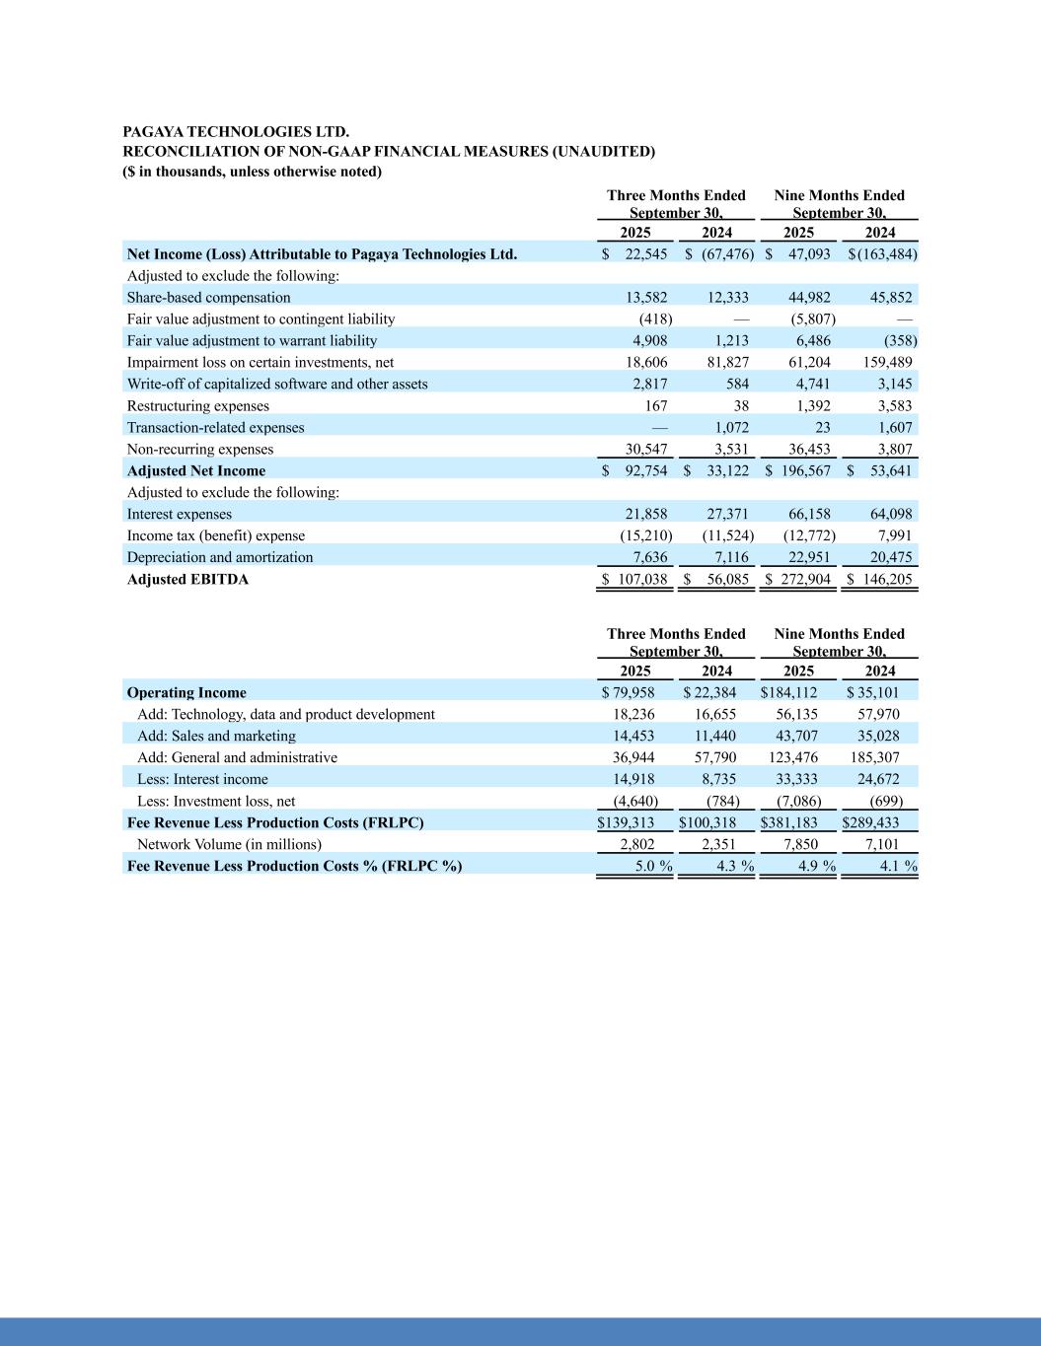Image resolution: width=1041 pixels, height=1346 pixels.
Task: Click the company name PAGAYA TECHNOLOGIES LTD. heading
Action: (236, 131)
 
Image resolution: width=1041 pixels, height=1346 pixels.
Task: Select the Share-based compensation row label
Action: (208, 297)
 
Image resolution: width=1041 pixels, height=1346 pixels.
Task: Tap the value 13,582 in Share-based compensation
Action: (646, 297)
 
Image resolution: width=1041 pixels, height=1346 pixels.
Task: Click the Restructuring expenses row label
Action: (197, 405)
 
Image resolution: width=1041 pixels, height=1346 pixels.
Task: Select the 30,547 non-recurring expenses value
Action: (646, 449)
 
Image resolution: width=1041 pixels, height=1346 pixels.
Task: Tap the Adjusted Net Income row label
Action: (196, 470)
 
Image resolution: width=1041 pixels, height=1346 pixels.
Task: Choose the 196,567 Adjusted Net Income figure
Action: (804, 470)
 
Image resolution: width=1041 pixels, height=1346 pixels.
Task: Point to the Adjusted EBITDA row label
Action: (187, 579)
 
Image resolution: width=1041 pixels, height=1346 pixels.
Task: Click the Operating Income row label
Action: (186, 692)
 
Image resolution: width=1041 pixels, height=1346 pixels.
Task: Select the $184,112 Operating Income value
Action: (789, 692)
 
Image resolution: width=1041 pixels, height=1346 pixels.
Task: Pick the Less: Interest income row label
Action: (202, 779)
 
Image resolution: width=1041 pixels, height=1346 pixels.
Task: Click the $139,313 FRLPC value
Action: (626, 822)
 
